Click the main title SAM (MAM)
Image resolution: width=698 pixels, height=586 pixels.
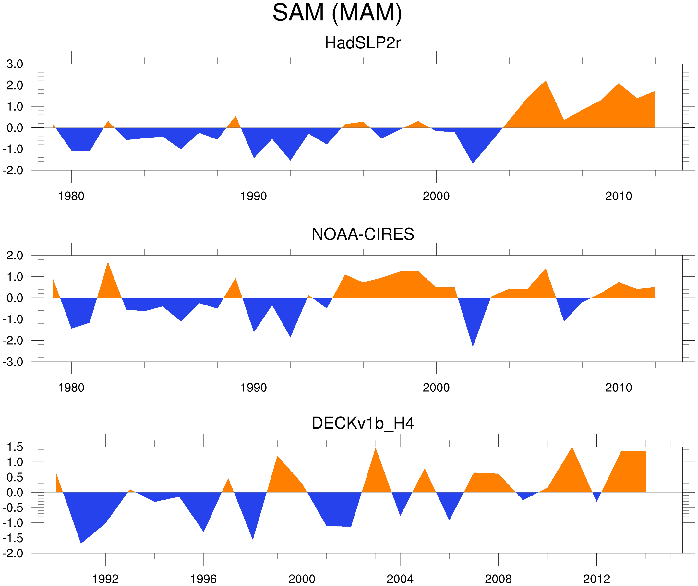(337, 13)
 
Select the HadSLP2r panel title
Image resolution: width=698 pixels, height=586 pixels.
(363, 43)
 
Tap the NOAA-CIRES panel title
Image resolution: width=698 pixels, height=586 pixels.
(363, 234)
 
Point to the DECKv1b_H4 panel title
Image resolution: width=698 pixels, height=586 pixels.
(363, 424)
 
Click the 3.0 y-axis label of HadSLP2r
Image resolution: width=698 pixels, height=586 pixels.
(15, 64)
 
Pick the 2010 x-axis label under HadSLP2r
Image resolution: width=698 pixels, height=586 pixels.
(618, 196)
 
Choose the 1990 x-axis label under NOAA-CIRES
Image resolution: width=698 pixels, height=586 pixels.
(254, 388)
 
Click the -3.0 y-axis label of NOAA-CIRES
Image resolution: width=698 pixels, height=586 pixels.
(13, 362)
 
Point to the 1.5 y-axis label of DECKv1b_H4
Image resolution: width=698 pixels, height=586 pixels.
(15, 447)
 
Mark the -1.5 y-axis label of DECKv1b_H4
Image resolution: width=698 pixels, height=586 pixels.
(13, 538)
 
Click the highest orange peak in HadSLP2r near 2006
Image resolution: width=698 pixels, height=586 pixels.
(546, 83)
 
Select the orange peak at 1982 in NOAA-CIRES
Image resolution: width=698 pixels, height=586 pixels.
(108, 265)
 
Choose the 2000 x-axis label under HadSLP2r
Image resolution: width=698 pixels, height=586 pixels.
(436, 196)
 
